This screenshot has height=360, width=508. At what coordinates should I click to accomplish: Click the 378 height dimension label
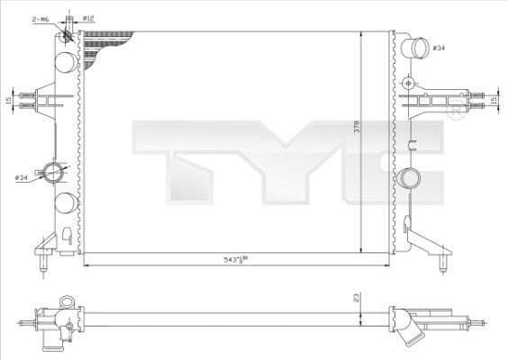click(x=357, y=129)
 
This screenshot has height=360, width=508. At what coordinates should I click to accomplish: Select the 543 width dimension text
click(x=236, y=259)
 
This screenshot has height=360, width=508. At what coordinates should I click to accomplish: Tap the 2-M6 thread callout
click(x=40, y=17)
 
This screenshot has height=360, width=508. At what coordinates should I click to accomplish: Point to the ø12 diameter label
click(x=89, y=17)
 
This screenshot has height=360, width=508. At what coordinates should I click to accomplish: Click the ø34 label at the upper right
click(x=439, y=47)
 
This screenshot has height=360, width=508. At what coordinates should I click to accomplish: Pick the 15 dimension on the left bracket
click(x=9, y=100)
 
